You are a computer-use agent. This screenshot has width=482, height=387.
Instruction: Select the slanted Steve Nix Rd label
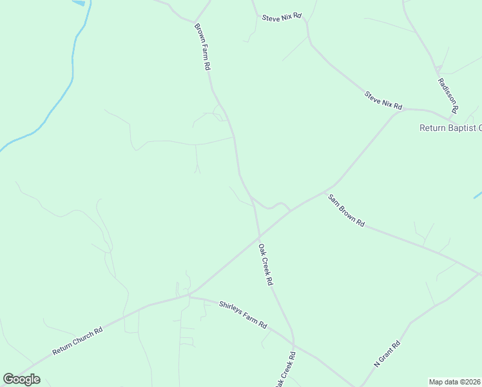(383, 100)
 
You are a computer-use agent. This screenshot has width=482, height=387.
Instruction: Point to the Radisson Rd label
(447, 95)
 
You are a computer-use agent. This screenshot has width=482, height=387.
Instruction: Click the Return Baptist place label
(450, 128)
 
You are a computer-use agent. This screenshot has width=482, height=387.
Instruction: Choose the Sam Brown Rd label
(346, 210)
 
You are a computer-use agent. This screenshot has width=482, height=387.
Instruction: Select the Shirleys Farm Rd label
(243, 315)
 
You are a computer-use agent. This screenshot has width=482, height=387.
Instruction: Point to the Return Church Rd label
(78, 341)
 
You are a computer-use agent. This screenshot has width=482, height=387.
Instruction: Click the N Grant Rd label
(387, 354)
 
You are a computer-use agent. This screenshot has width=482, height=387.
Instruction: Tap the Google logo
(21, 379)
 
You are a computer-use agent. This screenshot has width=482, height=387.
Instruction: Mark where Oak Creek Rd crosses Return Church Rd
(260, 234)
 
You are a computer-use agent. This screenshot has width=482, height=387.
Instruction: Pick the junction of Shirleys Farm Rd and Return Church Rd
(189, 296)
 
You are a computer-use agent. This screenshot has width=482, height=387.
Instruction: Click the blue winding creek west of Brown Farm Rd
(72, 71)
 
